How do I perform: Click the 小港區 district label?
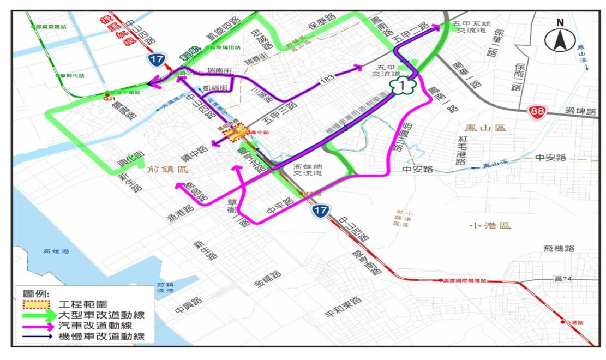[489, 225]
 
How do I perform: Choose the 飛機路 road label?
[559, 249]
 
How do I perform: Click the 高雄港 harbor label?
[58, 251]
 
